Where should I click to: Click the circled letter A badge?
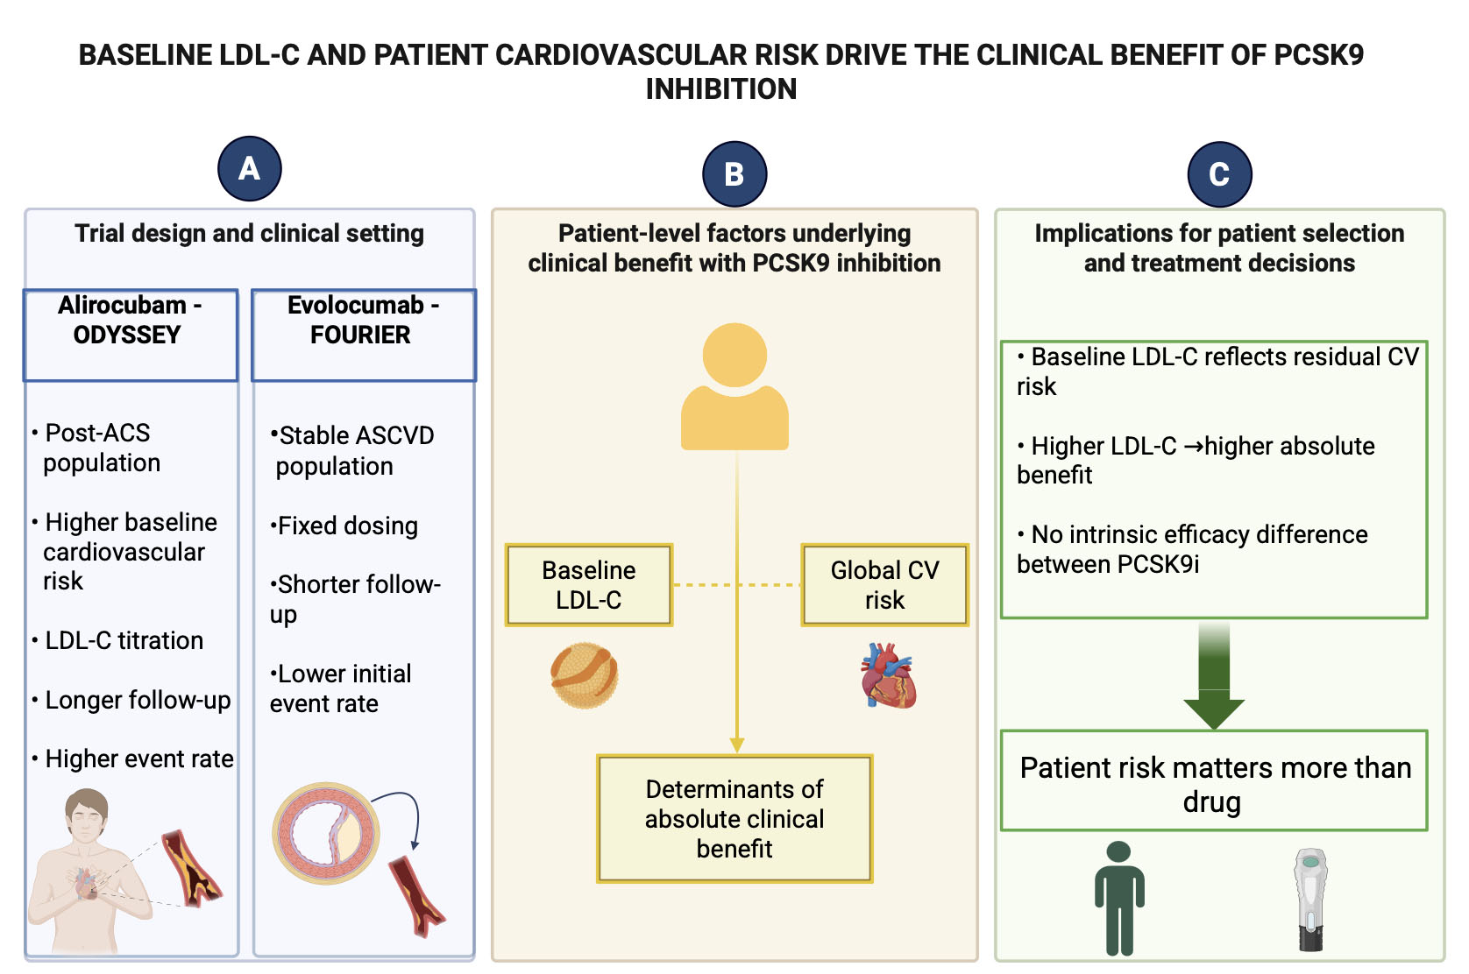tap(250, 168)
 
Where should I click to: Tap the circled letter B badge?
tap(734, 173)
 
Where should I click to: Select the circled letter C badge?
tap(1219, 173)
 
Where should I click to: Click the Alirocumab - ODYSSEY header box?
tap(131, 335)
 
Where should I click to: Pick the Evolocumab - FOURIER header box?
tap(364, 335)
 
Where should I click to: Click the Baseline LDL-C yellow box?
tap(589, 585)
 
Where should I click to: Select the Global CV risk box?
tap(884, 585)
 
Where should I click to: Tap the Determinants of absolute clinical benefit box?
tap(734, 818)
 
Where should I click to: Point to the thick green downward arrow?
tap(1214, 674)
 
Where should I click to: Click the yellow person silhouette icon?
tap(734, 386)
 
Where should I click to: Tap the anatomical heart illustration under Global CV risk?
tap(887, 675)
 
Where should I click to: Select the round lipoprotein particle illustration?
tap(585, 675)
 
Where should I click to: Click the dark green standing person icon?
tap(1119, 898)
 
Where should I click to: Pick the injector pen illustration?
tap(1310, 900)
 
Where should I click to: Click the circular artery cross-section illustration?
tap(326, 833)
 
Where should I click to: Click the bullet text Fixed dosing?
tap(344, 526)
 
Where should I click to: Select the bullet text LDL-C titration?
tap(124, 640)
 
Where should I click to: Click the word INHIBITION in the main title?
tap(720, 89)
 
